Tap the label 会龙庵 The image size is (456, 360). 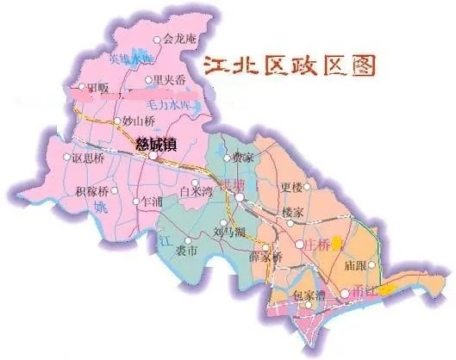click(x=179, y=39)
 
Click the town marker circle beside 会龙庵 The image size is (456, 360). click(x=156, y=40)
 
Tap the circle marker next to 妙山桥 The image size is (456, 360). click(x=118, y=121)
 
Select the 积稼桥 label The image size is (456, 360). click(x=91, y=190)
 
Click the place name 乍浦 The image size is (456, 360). click(x=151, y=201)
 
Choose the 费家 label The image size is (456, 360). click(x=242, y=158)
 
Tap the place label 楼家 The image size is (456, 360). click(x=293, y=212)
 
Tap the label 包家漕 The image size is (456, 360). click(x=308, y=295)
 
